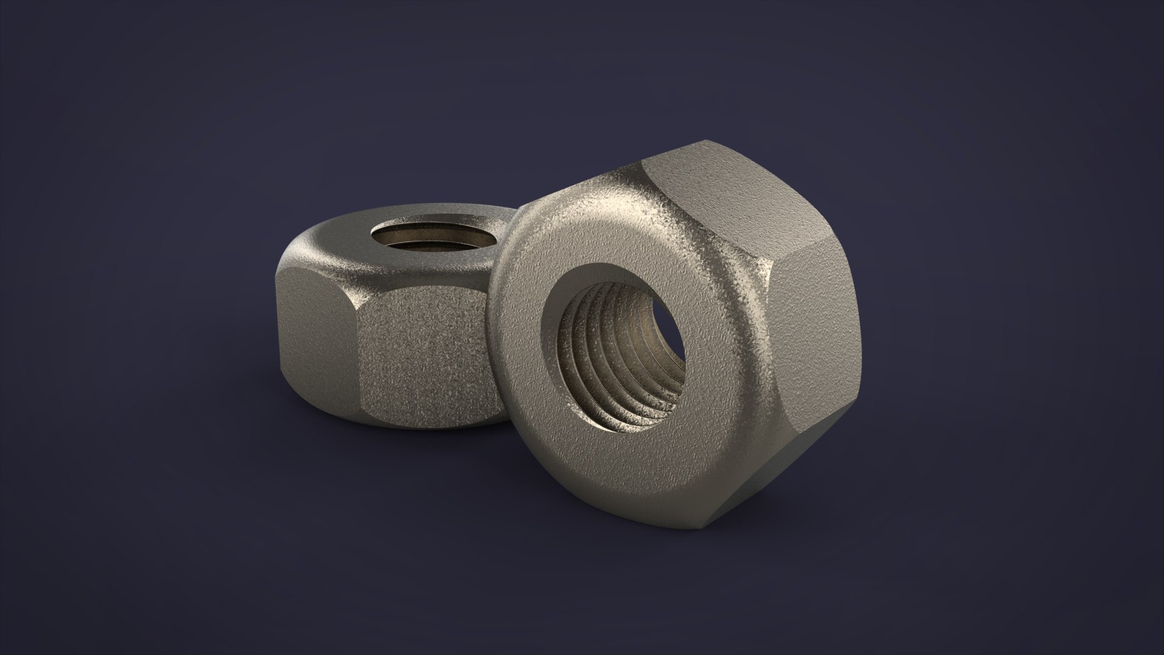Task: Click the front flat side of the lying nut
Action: pos(424,358)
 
